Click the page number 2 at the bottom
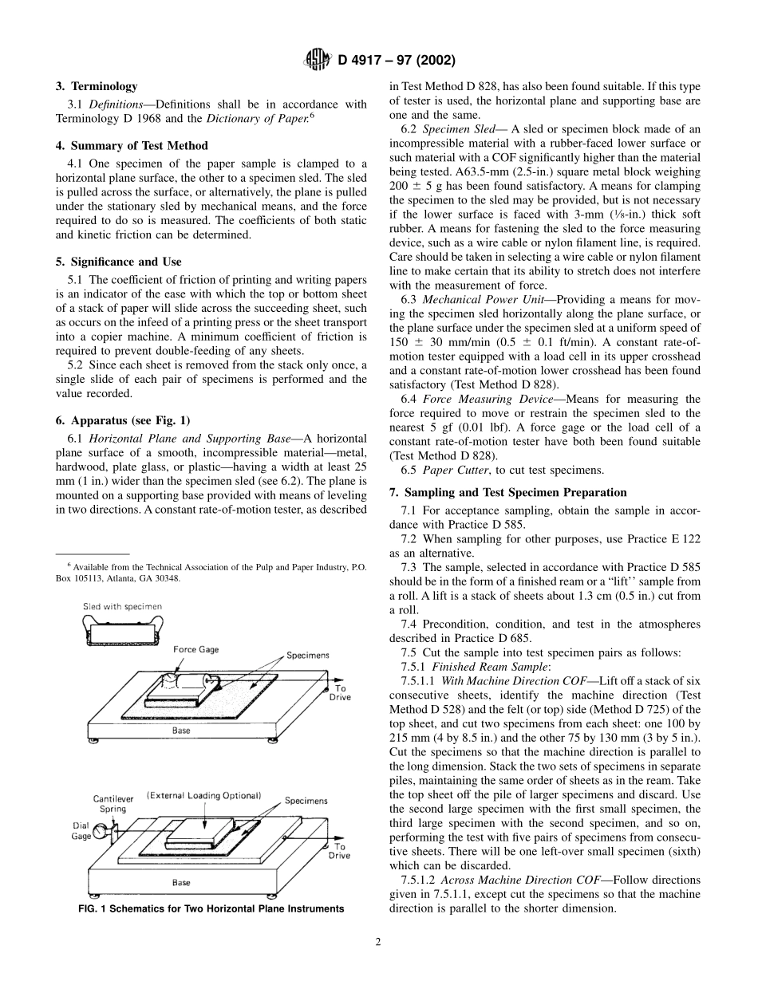tap(378, 942)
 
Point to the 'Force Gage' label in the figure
tap(196, 649)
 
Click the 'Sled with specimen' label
tap(122, 606)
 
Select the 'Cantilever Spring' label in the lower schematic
tap(113, 803)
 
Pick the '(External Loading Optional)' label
tap(203, 795)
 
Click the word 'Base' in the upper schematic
tap(181, 731)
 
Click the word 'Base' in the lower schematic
tap(181, 883)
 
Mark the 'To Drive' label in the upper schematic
tap(340, 692)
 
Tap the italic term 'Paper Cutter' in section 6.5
tap(447, 471)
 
